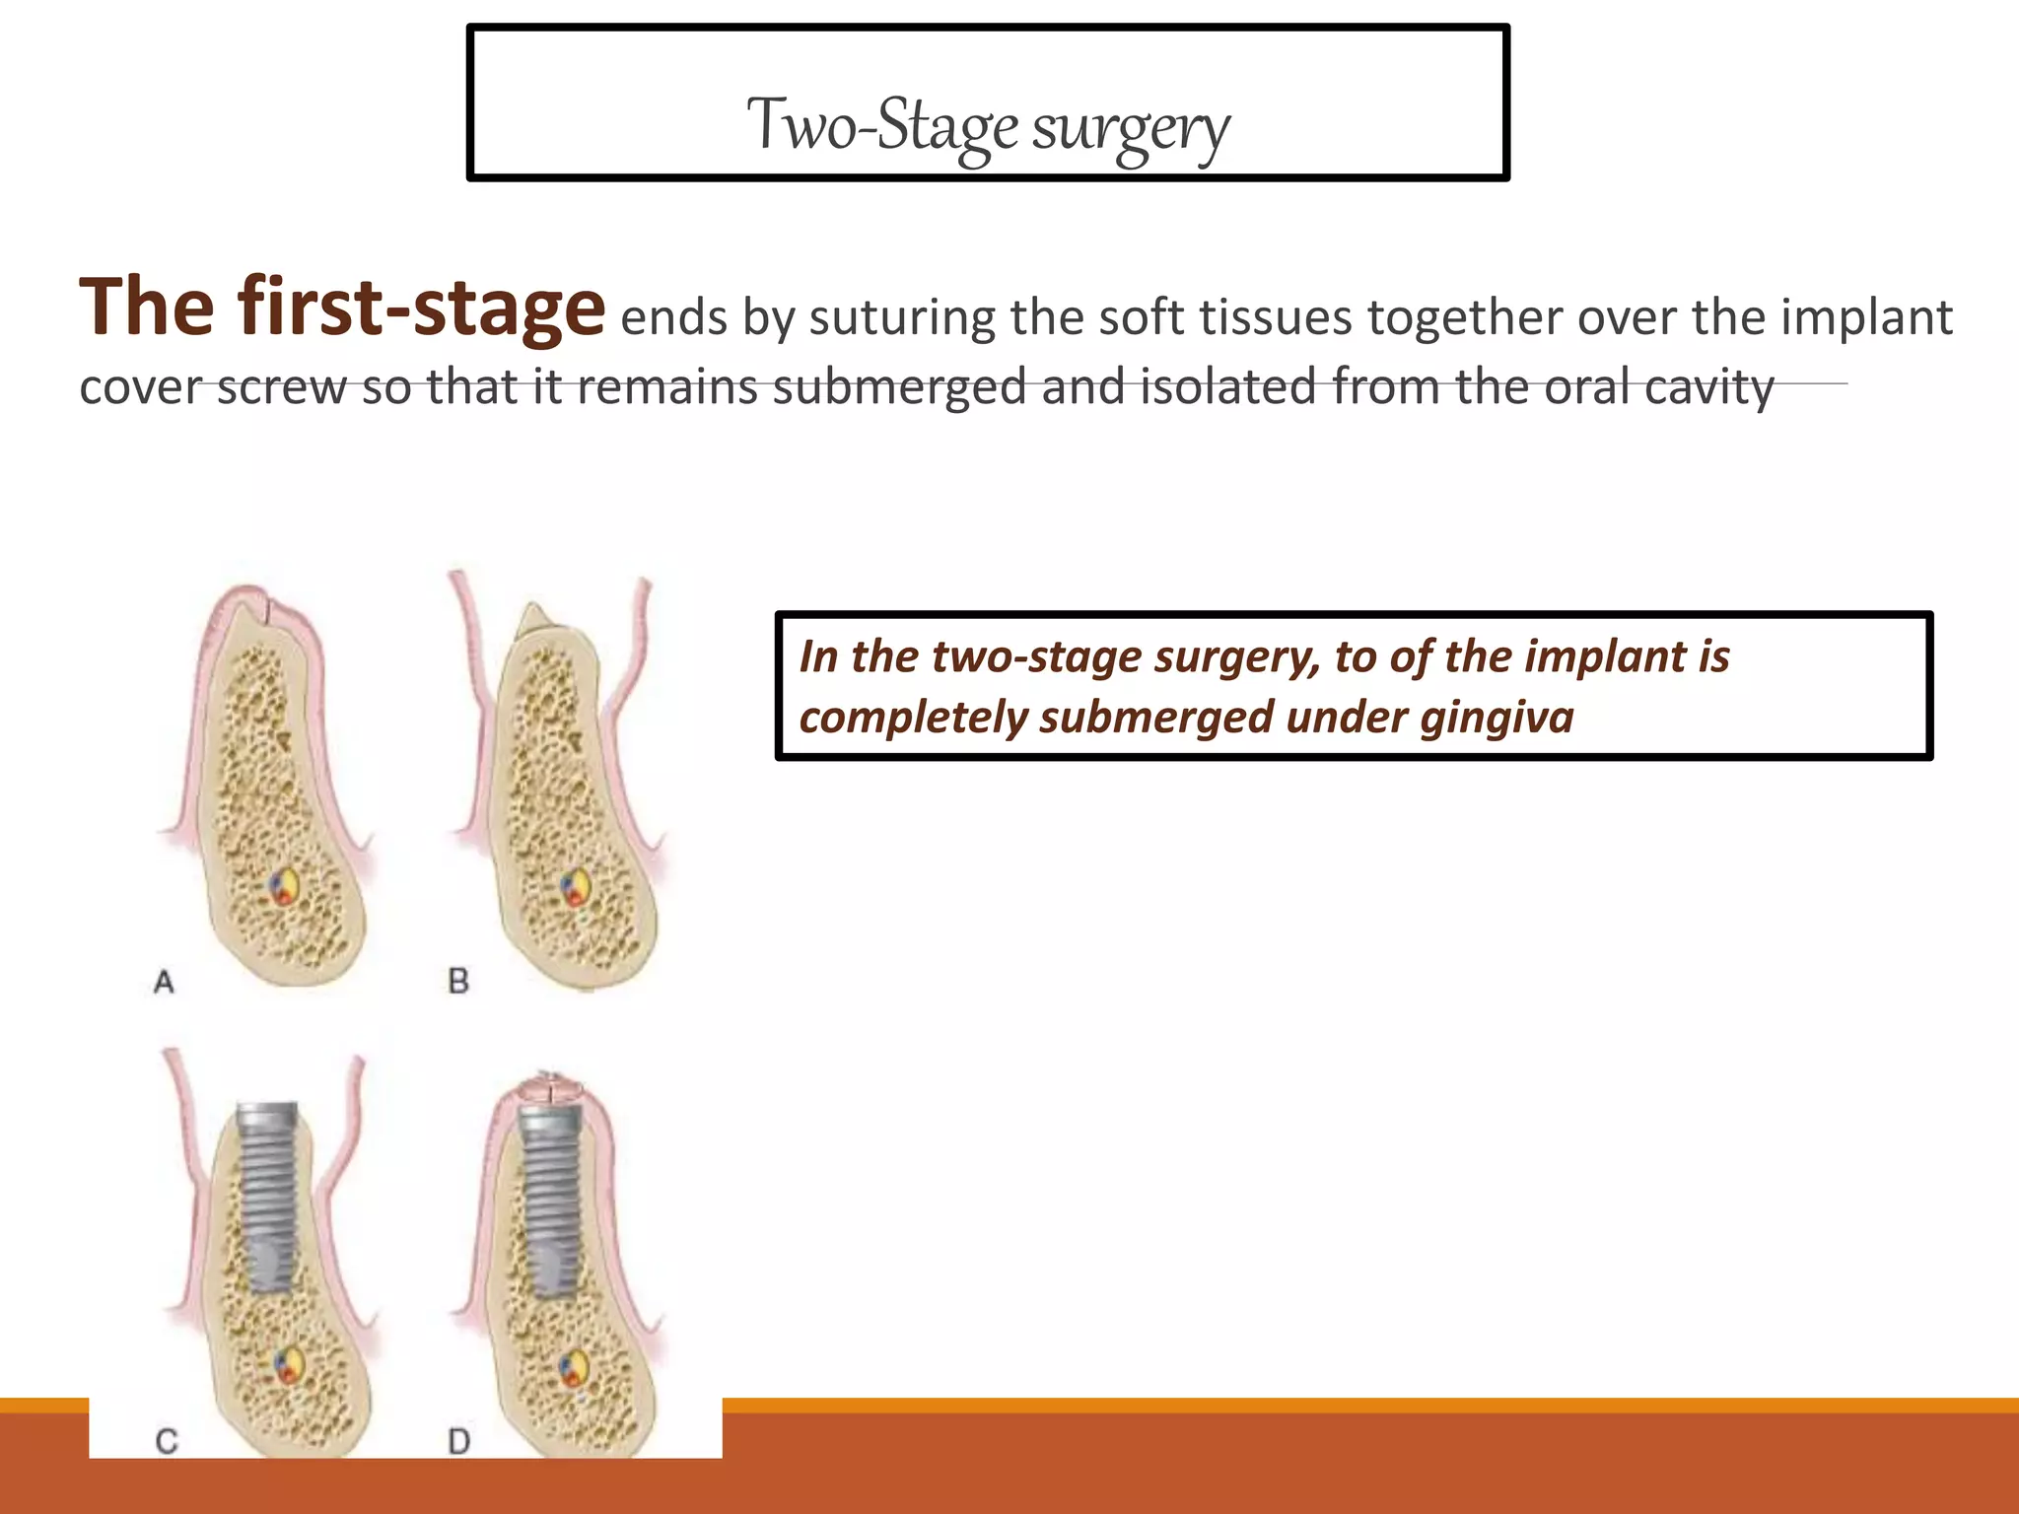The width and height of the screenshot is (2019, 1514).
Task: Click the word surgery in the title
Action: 1131,128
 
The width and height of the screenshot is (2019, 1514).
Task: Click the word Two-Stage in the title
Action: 882,125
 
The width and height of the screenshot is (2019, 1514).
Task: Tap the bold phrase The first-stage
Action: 341,307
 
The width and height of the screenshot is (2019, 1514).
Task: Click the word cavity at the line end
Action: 1707,386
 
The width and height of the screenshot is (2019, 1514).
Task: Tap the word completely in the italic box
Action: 912,717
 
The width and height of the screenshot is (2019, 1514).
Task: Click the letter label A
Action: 165,982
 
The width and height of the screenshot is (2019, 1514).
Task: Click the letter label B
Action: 458,981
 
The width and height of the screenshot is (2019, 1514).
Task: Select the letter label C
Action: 167,1442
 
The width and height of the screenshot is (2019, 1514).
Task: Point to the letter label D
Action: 458,1442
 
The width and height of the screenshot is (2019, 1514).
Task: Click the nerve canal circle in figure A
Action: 284,886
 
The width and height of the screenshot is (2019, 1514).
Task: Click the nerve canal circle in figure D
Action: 574,1369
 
